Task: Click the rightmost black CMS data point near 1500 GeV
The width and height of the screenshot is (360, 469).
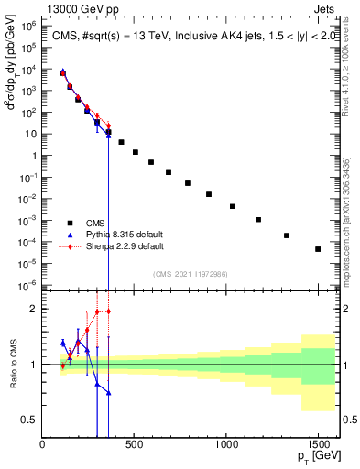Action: pyautogui.click(x=318, y=249)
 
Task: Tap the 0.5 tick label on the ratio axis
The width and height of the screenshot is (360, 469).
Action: pyautogui.click(x=29, y=420)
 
